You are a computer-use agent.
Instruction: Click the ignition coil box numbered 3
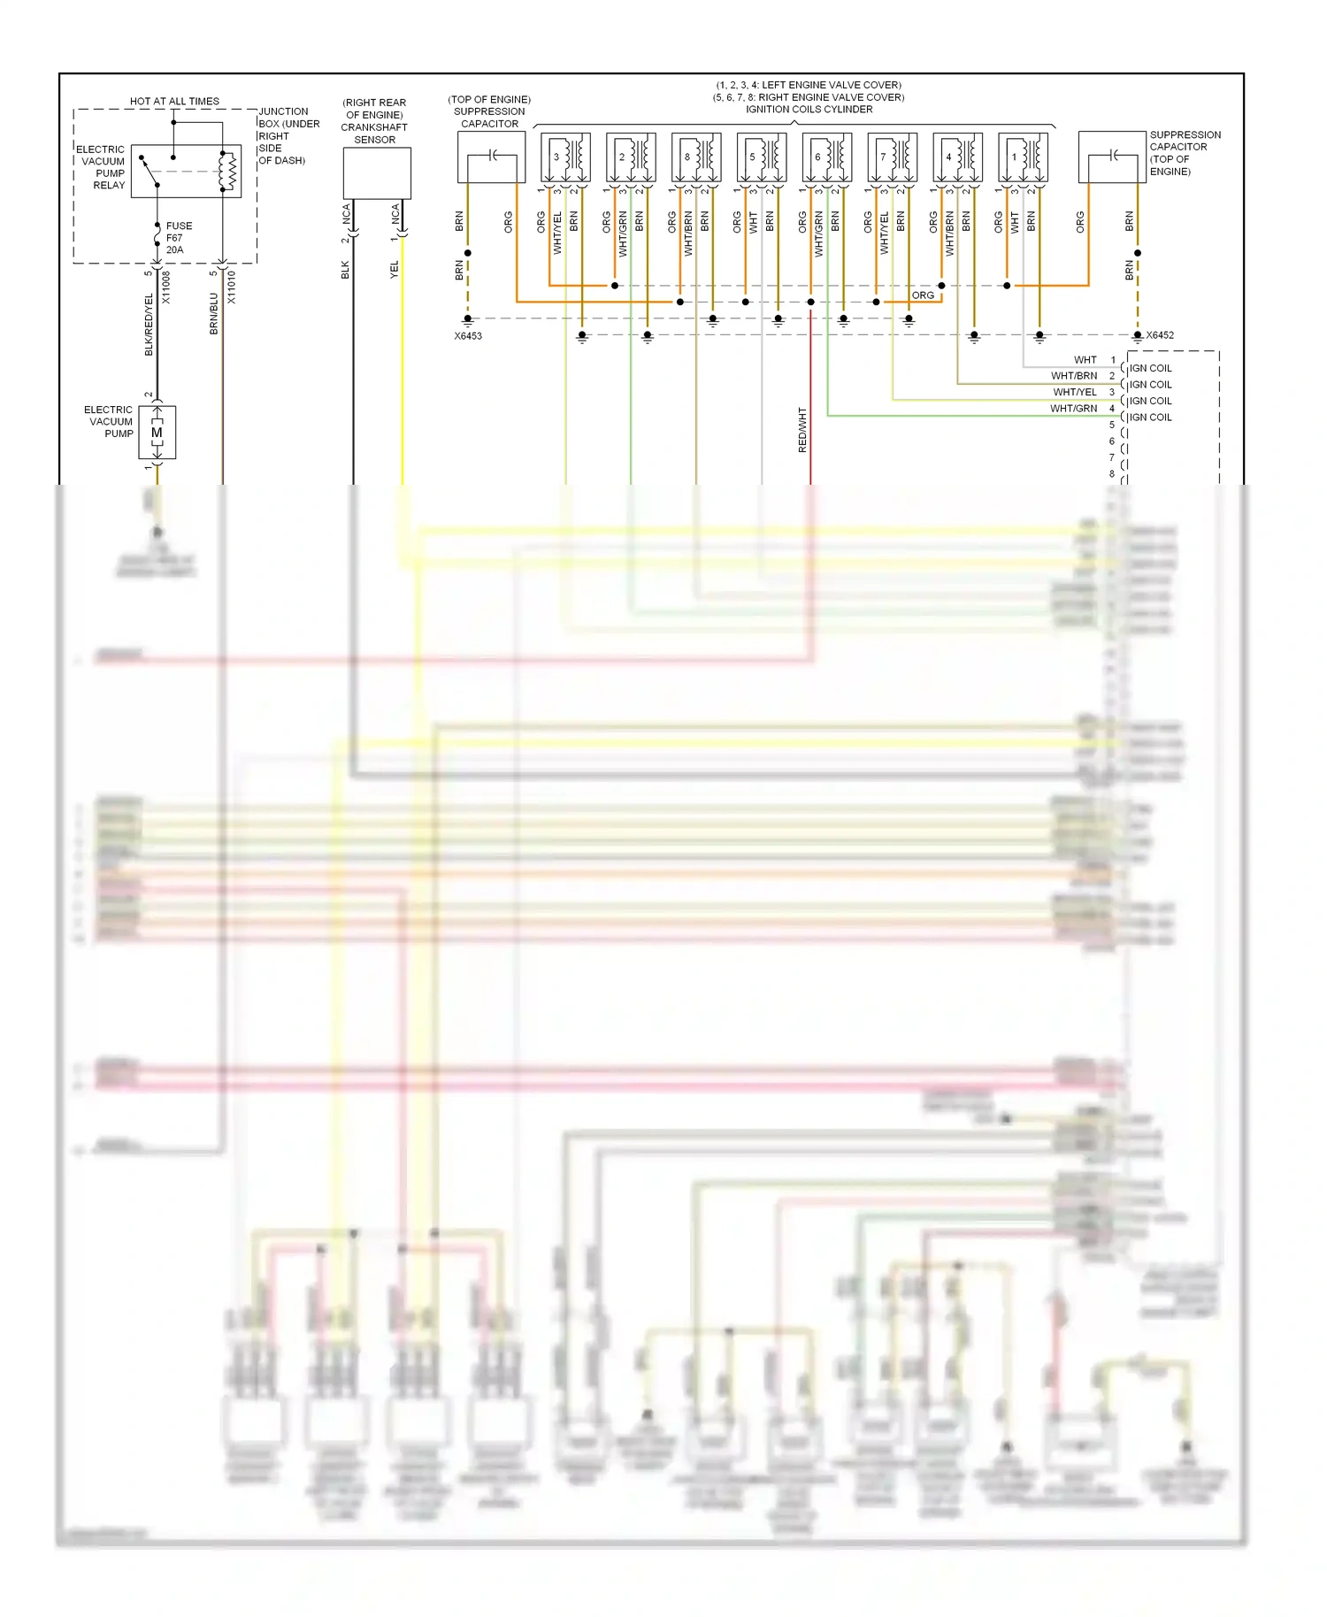(x=565, y=157)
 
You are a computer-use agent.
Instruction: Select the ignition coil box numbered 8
(x=696, y=157)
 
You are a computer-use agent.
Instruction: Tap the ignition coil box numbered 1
(x=1023, y=157)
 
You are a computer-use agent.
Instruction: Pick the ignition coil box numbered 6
(x=827, y=157)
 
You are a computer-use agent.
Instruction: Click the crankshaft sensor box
(x=377, y=173)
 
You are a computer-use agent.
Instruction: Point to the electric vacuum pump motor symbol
(x=157, y=433)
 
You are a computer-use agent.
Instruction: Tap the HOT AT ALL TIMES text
(x=174, y=101)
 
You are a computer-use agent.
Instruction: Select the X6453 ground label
(x=468, y=336)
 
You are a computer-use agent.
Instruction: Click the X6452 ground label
(x=1160, y=335)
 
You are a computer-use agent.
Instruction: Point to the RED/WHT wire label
(x=802, y=430)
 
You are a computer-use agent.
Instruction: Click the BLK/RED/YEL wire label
(x=149, y=325)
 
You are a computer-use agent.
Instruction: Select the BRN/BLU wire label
(x=213, y=314)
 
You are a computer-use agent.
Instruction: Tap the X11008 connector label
(x=166, y=287)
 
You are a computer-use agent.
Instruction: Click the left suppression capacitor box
(x=491, y=157)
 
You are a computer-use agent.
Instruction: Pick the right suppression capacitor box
(x=1112, y=157)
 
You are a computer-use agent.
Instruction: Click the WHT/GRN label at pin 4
(x=1073, y=409)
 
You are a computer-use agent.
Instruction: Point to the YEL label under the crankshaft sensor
(x=395, y=270)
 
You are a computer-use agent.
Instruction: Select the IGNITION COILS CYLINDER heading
(x=809, y=110)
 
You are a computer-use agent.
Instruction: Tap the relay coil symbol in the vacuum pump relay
(x=228, y=172)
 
